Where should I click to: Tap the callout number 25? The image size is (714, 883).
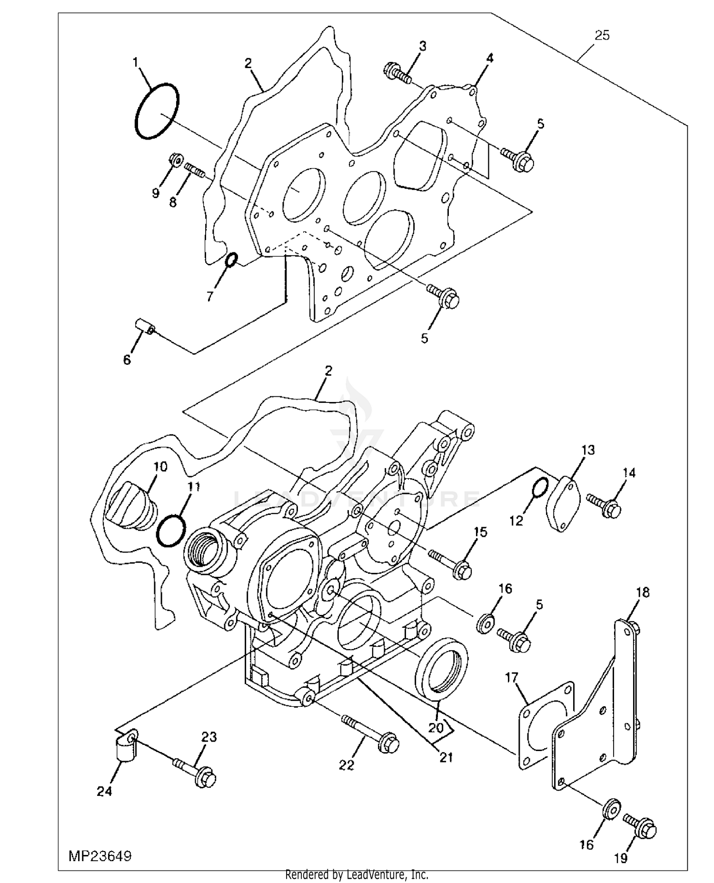[602, 36]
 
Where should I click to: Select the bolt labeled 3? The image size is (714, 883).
[397, 72]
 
